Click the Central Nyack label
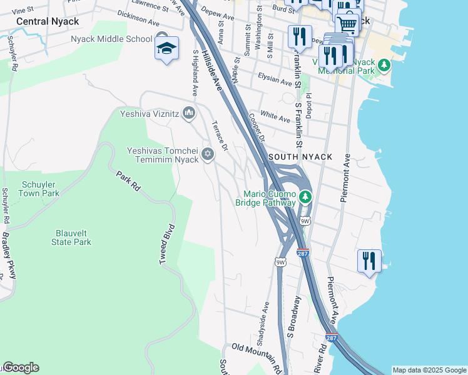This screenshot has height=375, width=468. point(48,21)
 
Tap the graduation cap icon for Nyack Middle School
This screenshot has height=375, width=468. point(166,49)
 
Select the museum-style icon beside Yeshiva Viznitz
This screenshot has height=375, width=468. point(190,112)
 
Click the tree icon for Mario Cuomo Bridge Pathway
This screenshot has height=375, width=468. point(305,197)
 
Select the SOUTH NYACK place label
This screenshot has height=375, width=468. point(300,156)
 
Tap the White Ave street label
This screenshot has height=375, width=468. point(275,116)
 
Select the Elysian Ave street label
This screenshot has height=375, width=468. point(275,79)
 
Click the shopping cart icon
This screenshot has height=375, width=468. point(347,24)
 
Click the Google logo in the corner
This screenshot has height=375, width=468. point(20,367)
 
